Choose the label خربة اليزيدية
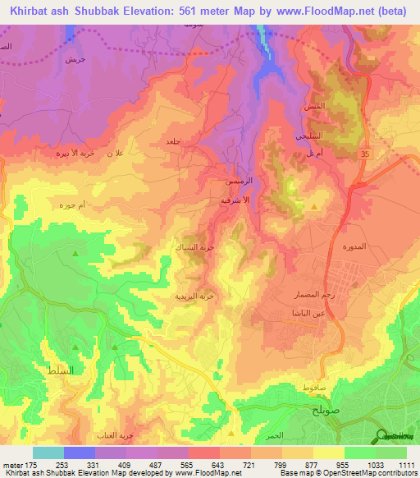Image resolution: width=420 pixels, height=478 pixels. click(x=197, y=294)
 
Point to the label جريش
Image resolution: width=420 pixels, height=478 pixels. click(x=75, y=60)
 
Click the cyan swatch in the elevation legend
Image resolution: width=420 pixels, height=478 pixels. click(x=48, y=453)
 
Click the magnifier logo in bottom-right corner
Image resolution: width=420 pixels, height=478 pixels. click(x=381, y=436)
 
